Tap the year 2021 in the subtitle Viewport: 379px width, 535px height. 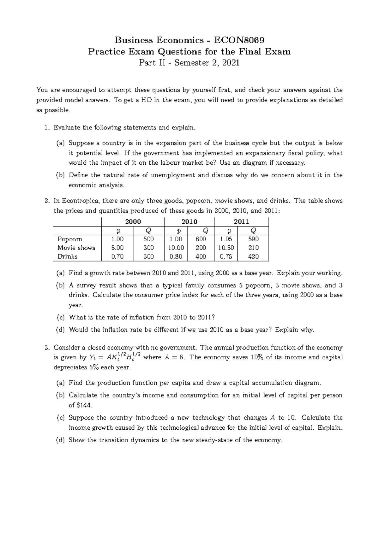(231, 63)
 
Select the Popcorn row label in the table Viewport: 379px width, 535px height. (69, 239)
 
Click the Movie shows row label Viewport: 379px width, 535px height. (76, 248)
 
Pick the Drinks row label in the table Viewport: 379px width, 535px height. (67, 256)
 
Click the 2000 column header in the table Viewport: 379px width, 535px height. (133, 221)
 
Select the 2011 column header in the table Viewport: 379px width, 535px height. (241, 221)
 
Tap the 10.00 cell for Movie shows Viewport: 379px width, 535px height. (176, 248)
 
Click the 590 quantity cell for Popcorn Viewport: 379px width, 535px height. (253, 239)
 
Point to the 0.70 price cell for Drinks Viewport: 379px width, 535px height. (117, 256)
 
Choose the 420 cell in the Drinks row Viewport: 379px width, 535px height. (253, 256)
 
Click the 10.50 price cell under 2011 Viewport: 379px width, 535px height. (226, 248)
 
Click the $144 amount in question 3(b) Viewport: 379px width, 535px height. (85, 405)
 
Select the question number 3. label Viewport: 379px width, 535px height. (47, 348)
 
